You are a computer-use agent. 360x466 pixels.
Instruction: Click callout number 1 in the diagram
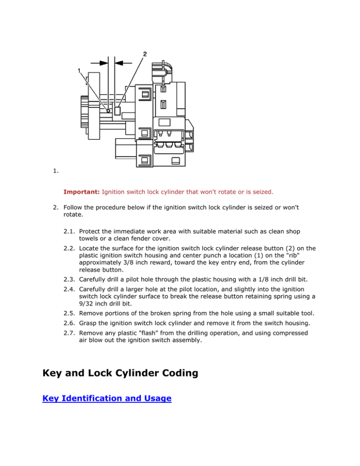pos(80,71)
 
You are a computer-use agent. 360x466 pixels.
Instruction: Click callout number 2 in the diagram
pos(145,53)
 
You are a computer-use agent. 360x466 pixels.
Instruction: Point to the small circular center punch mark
pos(108,111)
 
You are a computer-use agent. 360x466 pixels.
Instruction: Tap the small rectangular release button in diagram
pos(118,111)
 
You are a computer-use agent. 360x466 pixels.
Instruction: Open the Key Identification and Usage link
pos(106,398)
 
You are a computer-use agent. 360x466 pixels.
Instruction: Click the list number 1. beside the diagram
pos(55,172)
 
